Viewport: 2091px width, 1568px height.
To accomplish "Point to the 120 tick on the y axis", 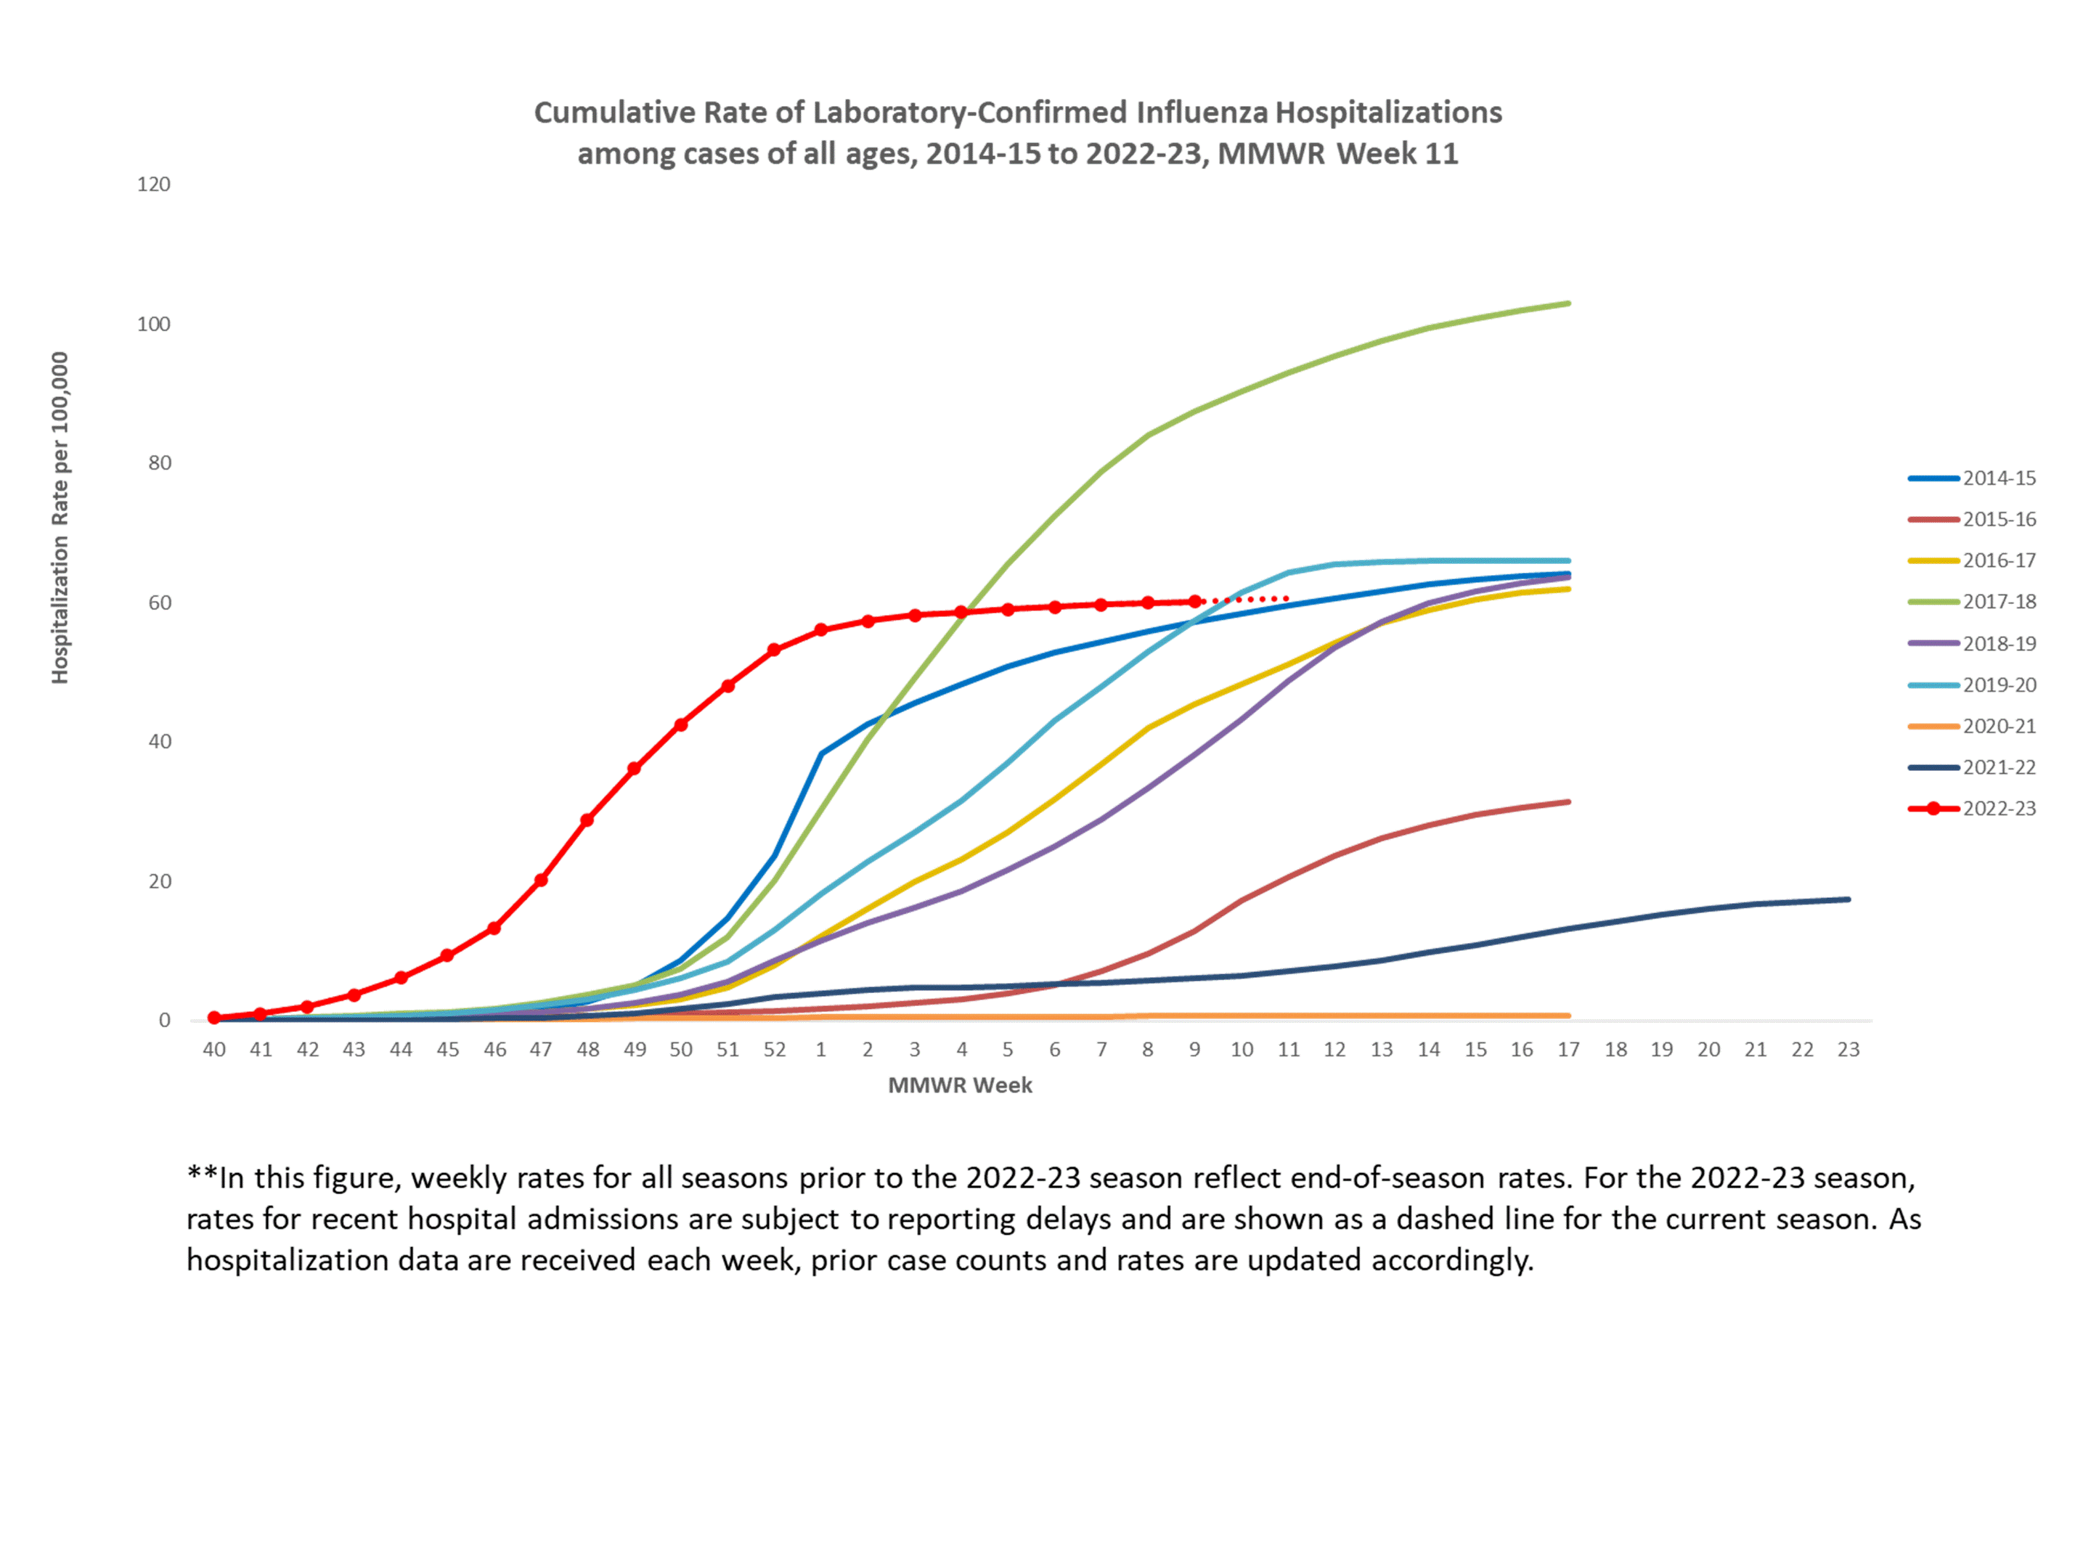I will coord(154,184).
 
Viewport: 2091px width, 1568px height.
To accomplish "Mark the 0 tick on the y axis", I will coord(165,1021).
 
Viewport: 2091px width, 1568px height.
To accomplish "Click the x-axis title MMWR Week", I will coord(960,1086).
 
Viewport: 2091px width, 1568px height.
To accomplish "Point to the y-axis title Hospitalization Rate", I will coord(60,518).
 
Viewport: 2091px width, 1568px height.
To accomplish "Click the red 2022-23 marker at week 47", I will coord(541,881).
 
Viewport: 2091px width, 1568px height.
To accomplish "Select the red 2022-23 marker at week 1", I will coord(820,630).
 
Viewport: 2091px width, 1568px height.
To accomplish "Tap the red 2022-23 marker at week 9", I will coord(1195,602).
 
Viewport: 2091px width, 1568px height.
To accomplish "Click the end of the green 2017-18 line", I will coord(1568,303).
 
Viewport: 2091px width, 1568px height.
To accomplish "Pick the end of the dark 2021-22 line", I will coord(1848,899).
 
